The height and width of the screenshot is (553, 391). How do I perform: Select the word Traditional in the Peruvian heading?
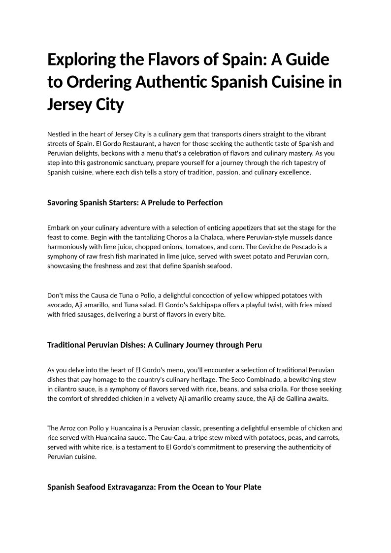(x=67, y=345)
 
